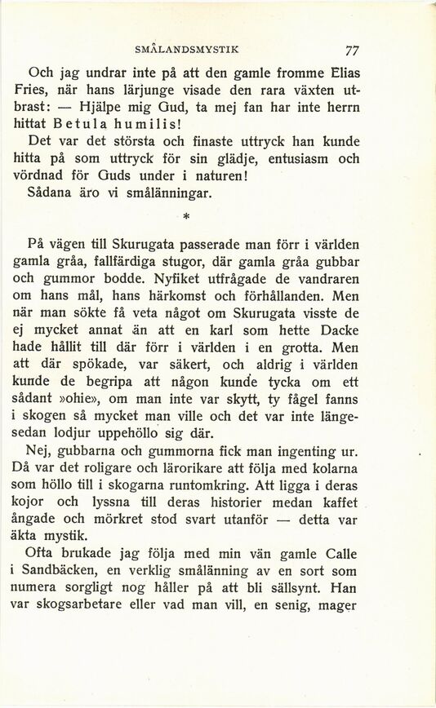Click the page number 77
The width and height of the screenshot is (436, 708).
[x=353, y=49]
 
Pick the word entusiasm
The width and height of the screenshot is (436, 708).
[x=288, y=159]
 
